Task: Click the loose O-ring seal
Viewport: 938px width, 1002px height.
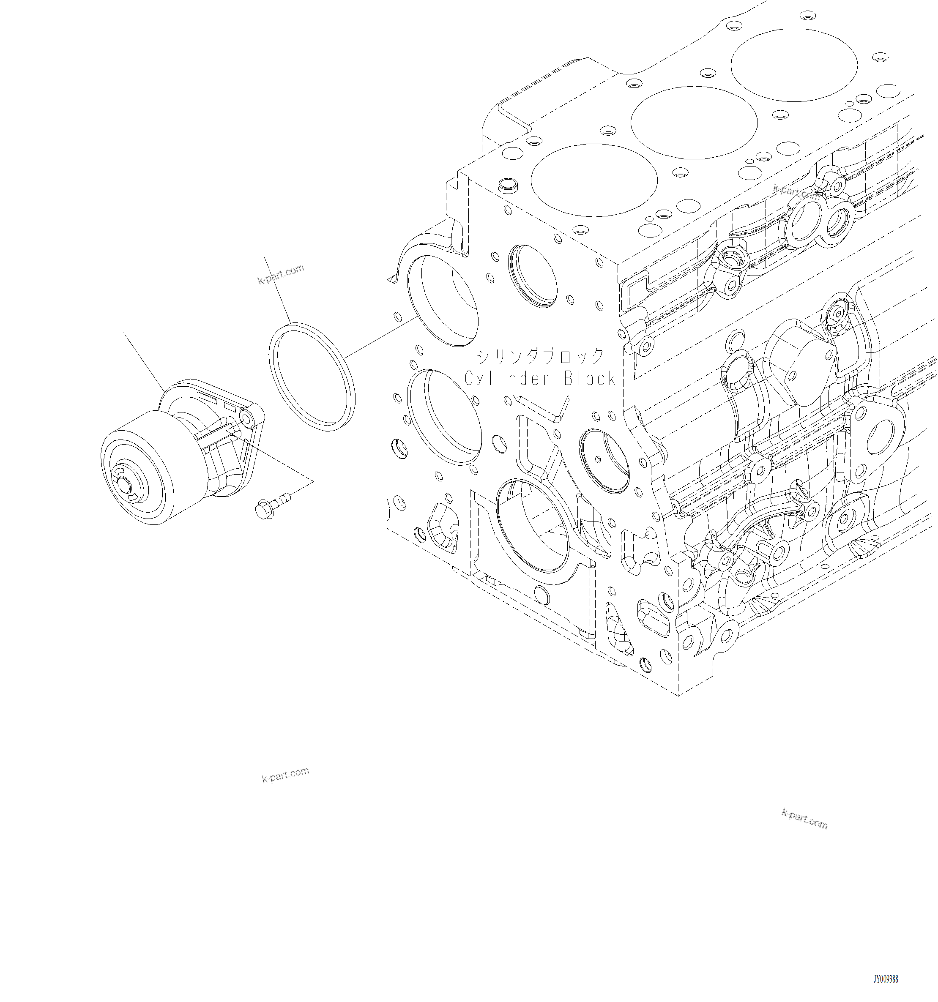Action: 312,378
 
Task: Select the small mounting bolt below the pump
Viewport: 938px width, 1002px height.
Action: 273,506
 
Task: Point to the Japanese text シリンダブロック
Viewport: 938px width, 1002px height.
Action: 540,356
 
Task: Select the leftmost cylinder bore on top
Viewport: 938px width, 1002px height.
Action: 594,180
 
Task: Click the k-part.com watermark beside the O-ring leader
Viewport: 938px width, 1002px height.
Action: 281,274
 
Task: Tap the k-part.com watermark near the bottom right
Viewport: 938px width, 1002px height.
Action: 804,819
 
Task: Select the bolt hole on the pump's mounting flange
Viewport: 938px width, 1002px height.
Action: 248,416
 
